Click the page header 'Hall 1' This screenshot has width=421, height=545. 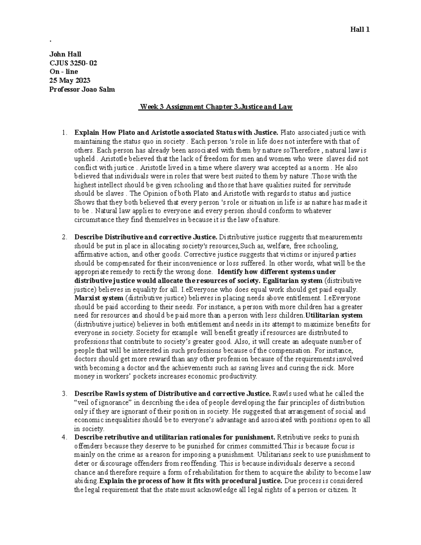(360, 30)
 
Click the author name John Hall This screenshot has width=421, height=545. (65, 54)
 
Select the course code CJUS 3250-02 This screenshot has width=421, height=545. (73, 63)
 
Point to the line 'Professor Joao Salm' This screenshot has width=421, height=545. (82, 89)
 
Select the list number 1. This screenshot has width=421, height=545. (64, 133)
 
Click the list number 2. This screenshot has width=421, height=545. (64, 237)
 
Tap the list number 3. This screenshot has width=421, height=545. (64, 394)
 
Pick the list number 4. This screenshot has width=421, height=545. (64, 437)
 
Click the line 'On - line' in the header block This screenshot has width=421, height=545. (64, 72)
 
